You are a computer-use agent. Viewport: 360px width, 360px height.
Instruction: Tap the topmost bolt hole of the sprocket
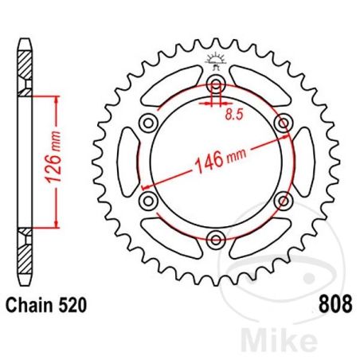coord(215,85)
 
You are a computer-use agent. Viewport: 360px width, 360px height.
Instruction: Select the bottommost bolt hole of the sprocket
coord(215,236)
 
